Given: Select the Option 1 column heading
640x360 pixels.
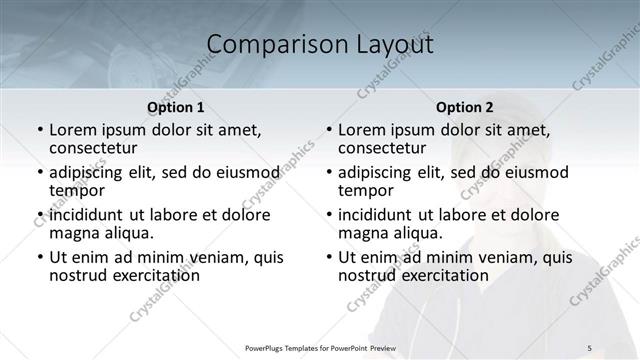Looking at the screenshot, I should point(176,107).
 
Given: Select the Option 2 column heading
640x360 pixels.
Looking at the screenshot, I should point(465,107).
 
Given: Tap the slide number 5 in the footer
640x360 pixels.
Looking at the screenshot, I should point(590,347).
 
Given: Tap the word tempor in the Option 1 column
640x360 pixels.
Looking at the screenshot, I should point(77,190).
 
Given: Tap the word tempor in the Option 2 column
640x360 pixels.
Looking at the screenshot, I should point(366,190).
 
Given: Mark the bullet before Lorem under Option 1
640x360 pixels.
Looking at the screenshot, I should point(39,130).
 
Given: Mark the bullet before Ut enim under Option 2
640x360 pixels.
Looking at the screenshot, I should point(328,257).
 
